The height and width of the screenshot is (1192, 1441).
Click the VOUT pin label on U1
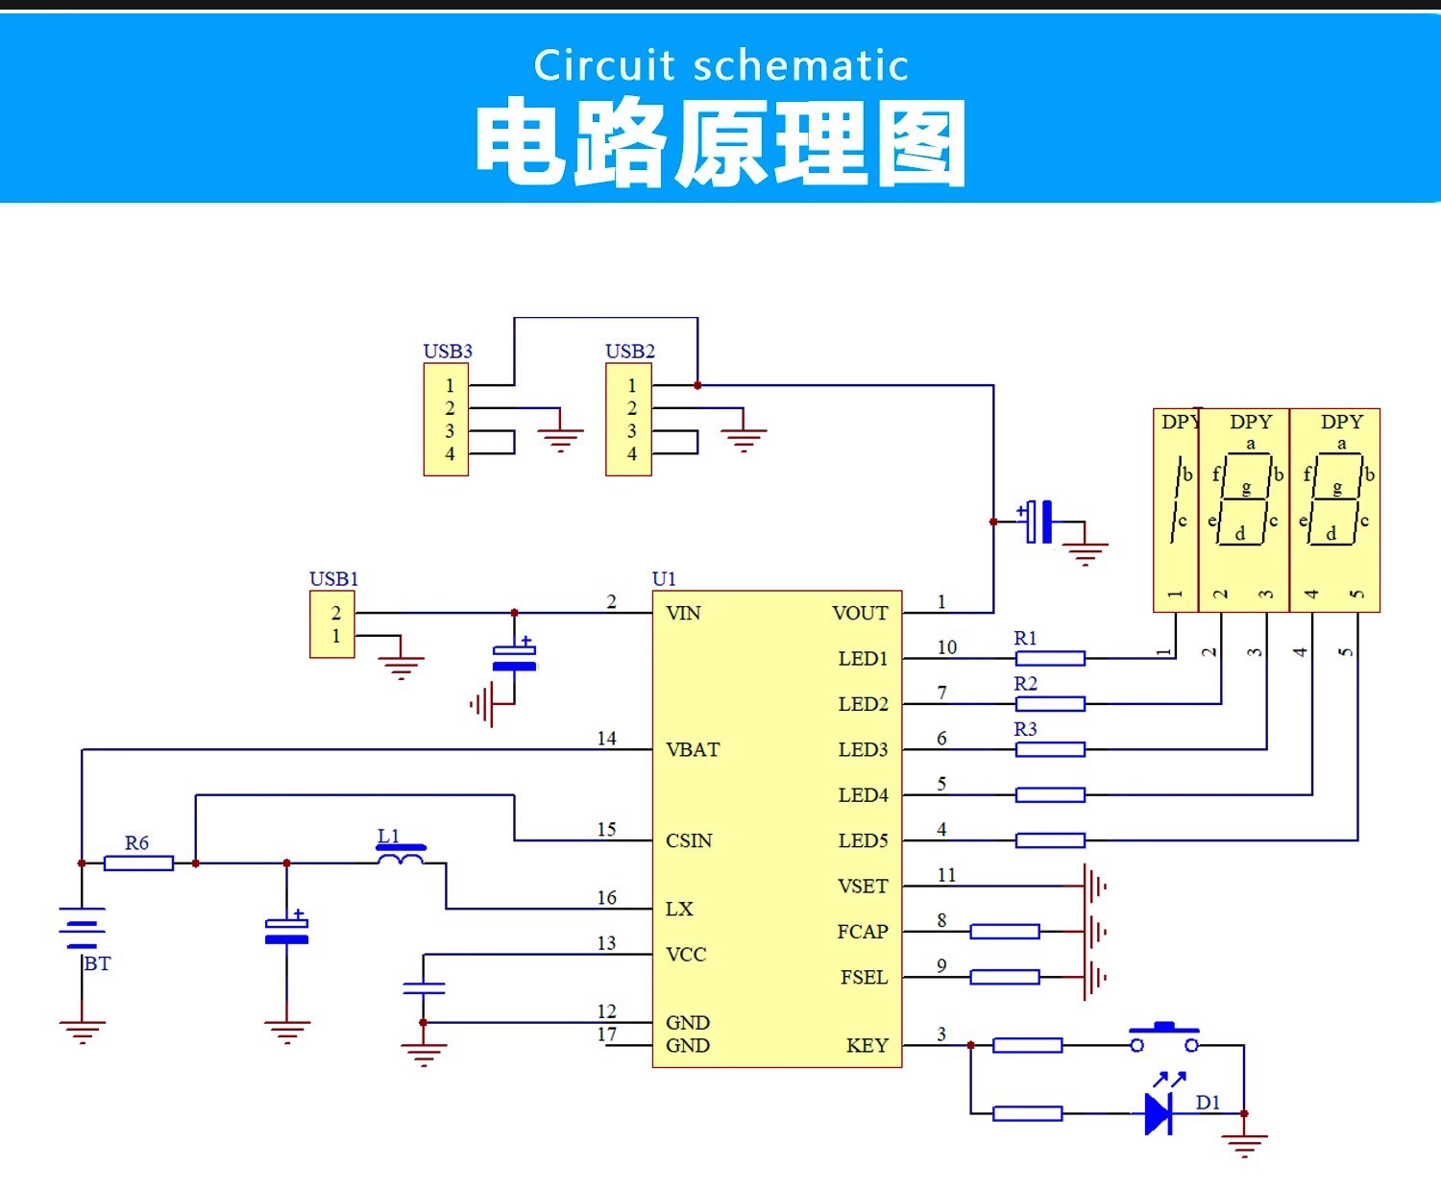click(x=860, y=613)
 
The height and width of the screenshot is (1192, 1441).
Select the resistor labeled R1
click(x=1050, y=658)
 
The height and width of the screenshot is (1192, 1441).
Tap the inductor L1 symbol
click(x=401, y=854)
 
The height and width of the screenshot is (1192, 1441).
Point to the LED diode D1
click(x=1159, y=1113)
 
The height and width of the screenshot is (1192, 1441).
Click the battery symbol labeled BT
click(x=82, y=928)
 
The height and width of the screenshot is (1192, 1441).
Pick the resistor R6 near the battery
click(x=138, y=863)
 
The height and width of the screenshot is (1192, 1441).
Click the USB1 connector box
click(x=332, y=624)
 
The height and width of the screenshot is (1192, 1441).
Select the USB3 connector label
click(x=448, y=352)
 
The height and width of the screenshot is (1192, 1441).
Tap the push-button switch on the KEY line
click(x=1164, y=1039)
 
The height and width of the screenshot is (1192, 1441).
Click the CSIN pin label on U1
click(x=689, y=840)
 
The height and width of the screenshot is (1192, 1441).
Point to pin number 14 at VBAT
click(x=606, y=739)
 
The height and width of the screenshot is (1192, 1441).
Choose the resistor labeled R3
click(x=1050, y=749)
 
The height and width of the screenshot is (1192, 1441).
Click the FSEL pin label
click(x=864, y=977)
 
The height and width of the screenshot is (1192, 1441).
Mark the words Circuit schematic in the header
click(x=720, y=65)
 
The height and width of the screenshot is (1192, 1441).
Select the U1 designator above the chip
click(x=664, y=578)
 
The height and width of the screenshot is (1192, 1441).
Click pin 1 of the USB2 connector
click(x=631, y=385)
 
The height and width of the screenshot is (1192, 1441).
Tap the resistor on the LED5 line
click(x=1050, y=840)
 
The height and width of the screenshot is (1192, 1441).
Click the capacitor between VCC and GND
click(x=424, y=987)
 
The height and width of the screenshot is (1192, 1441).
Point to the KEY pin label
click(x=867, y=1045)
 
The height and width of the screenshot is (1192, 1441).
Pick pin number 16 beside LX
click(x=606, y=898)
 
